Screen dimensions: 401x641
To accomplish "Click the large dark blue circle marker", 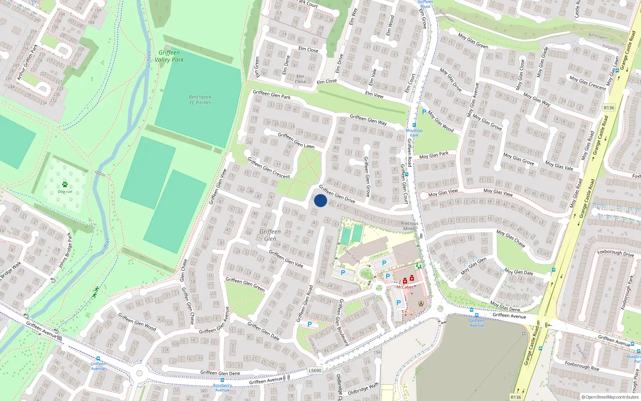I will coord(320,200).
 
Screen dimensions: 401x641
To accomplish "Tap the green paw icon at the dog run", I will coord(65,184).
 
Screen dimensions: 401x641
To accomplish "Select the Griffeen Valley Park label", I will coord(169,56).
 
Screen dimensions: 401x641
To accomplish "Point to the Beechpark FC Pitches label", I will coord(200,100).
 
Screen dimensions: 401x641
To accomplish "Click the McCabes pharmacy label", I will coord(405,287).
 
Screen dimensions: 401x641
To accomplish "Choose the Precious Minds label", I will coord(409,226).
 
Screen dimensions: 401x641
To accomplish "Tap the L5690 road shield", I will coord(315,371).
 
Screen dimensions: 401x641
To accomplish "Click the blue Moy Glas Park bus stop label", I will coord(414,133).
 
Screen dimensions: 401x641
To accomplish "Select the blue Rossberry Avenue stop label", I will coord(222,388).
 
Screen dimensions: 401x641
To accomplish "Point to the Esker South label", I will coord(351,255).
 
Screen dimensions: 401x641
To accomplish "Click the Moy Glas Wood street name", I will coord(441,121).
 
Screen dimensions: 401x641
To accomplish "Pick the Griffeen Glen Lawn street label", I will coord(296,140).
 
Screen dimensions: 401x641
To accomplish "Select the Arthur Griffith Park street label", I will coord(27,62).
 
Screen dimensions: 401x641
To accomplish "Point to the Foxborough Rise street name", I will coord(582,366).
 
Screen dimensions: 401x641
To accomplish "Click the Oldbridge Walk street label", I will coord(363,389).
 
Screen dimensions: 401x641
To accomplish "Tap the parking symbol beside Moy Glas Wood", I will coord(424,112).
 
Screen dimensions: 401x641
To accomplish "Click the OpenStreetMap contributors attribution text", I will coord(610,397).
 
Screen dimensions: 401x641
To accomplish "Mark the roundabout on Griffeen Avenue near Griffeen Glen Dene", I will coord(139,373).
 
